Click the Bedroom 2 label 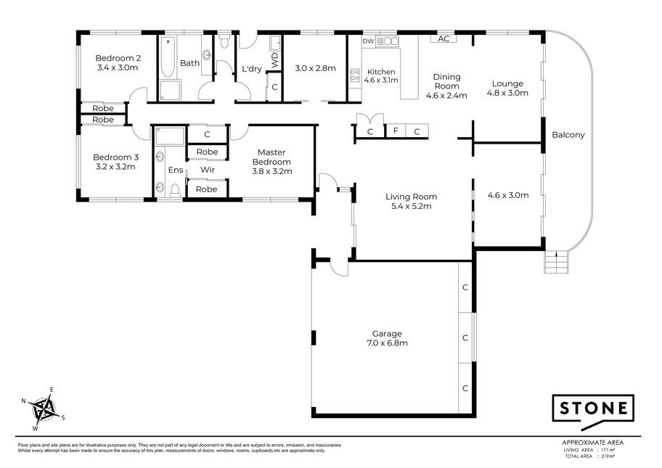pos(118,58)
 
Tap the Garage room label pos(387,333)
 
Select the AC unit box pos(444,39)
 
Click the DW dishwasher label pos(368,41)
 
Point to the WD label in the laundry pos(275,60)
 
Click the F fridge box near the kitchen pos(396,131)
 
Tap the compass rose pos(44,409)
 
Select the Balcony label pos(568,135)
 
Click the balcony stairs pos(557,262)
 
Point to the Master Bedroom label pos(271,157)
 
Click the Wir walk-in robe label pos(208,170)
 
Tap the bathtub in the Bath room pos(168,57)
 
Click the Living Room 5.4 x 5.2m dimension pos(412,206)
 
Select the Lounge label pos(507,83)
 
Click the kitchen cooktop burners pos(355,75)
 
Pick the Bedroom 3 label pos(115,157)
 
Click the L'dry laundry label pos(252,68)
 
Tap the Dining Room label pos(446,81)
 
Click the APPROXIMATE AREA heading pos(593,443)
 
